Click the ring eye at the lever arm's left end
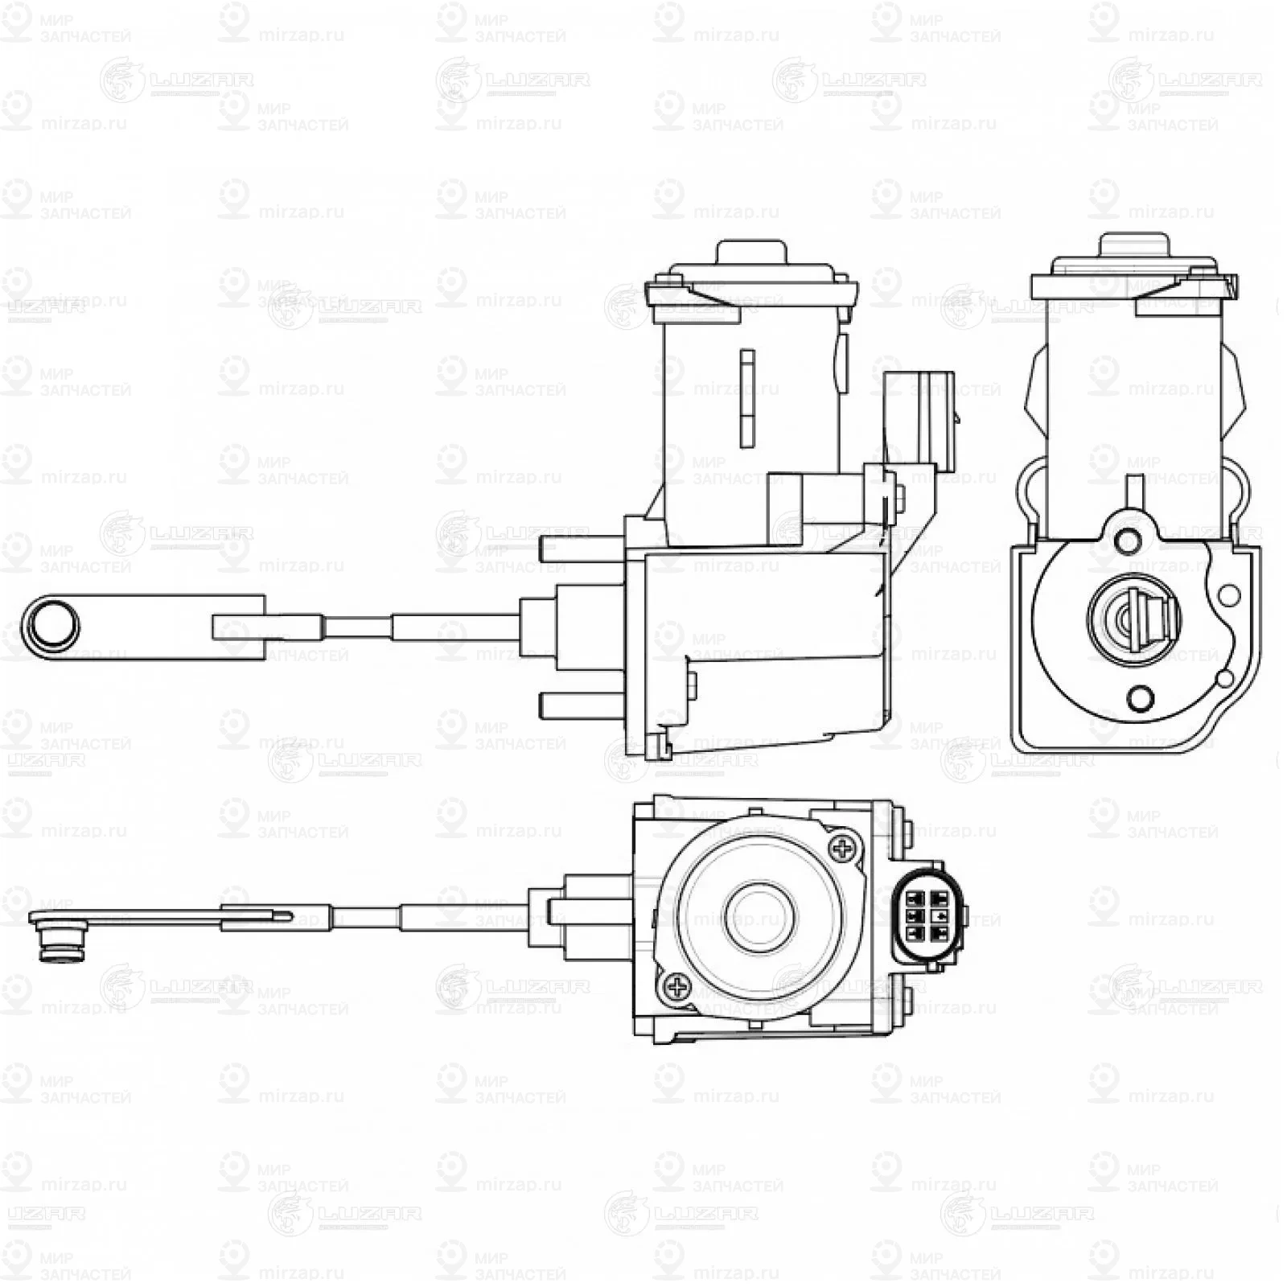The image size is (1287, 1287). pyautogui.click(x=51, y=626)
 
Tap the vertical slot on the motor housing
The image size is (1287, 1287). pyautogui.click(x=747, y=397)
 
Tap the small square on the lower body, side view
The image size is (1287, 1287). pyautogui.click(x=691, y=683)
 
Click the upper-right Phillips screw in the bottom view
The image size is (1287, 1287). pyautogui.click(x=843, y=846)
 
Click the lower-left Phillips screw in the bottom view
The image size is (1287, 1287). pyautogui.click(x=677, y=987)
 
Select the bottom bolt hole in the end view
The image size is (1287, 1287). pyautogui.click(x=1140, y=697)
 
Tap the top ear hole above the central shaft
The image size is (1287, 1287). pyautogui.click(x=1128, y=538)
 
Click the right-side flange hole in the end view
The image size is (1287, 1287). pyautogui.click(x=1228, y=595)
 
